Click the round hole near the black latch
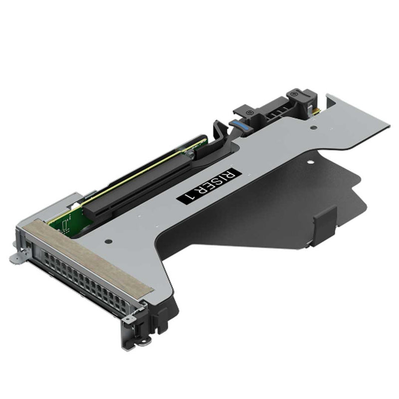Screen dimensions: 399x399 click(x=312, y=127)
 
